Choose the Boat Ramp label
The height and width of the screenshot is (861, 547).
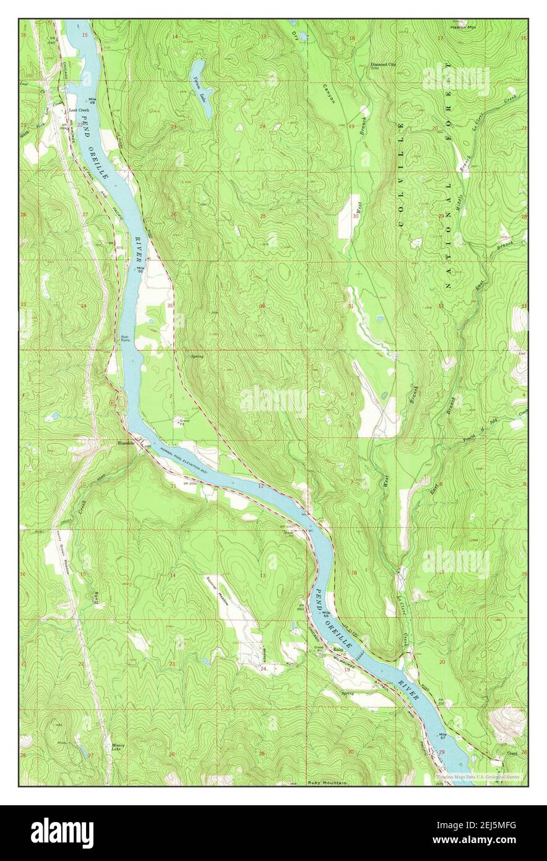pyautogui.click(x=124, y=339)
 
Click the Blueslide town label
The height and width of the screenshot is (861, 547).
pyautogui.click(x=126, y=444)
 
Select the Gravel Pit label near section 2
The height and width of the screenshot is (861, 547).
pyautogui.click(x=184, y=422)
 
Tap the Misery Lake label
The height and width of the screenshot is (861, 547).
pyautogui.click(x=118, y=748)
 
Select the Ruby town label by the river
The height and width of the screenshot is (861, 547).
pyautogui.click(x=338, y=650)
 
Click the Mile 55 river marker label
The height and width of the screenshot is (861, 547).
pyautogui.click(x=324, y=613)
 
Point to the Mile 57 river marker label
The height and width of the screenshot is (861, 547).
pyautogui.click(x=442, y=737)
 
